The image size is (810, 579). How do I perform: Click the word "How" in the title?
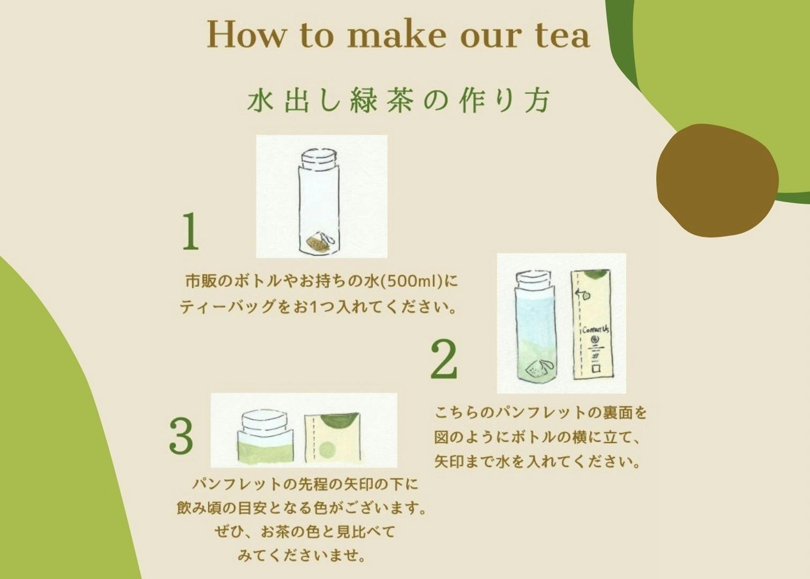tap(246, 34)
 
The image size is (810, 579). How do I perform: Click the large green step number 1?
tap(191, 231)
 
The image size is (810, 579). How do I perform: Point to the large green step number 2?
tap(444, 360)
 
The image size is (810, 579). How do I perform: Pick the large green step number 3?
tap(181, 436)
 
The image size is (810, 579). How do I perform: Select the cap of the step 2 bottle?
tap(534, 279)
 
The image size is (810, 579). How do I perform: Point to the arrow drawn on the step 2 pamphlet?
tap(582, 295)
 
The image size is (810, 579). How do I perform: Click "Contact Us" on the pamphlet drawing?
tap(595, 329)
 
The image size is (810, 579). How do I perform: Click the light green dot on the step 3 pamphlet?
tap(328, 450)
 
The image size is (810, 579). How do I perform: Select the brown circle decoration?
tap(717, 181)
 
